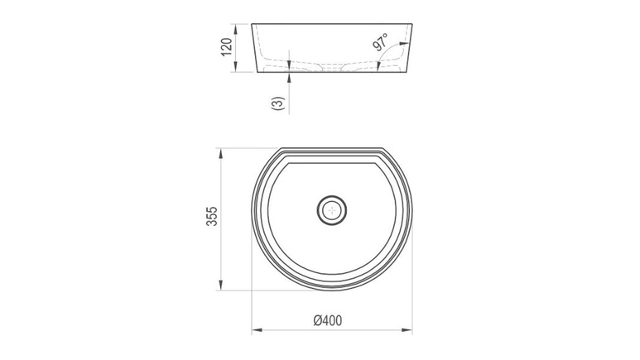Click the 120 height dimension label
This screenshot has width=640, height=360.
tap(227, 47)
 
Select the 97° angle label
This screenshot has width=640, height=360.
tap(381, 42)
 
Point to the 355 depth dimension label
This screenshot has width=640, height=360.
tap(212, 216)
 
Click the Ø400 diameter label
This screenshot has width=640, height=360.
tap(328, 320)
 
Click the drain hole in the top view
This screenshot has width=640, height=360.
tap(332, 210)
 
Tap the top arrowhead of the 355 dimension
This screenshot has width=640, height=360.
tap(221, 154)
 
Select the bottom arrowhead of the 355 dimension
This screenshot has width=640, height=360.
tap(221, 285)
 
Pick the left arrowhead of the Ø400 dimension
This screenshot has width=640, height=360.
tap(257, 330)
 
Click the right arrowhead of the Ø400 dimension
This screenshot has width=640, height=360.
tap(407, 330)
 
